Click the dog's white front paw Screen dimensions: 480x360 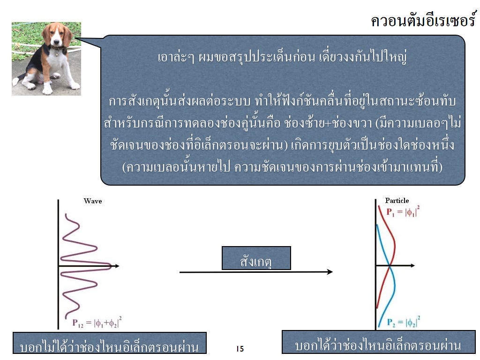tap(47, 90)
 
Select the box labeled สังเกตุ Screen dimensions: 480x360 tap(256, 258)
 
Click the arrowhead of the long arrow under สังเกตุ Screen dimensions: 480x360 tap(330, 271)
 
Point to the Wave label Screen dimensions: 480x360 tap(93, 201)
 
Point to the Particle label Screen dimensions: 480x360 tap(397, 201)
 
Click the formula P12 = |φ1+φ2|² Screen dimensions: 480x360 tap(97, 322)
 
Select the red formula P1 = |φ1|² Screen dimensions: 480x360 tap(403, 211)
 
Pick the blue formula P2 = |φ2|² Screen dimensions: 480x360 tap(404, 322)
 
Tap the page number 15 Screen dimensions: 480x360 tap(240, 349)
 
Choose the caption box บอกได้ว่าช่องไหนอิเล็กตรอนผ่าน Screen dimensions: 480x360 tap(378, 342)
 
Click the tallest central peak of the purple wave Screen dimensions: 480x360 tap(110, 266)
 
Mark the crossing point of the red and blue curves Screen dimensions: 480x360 tap(389, 266)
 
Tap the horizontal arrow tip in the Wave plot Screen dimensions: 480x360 tap(118, 266)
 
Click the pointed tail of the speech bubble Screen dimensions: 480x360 tap(75, 38)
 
